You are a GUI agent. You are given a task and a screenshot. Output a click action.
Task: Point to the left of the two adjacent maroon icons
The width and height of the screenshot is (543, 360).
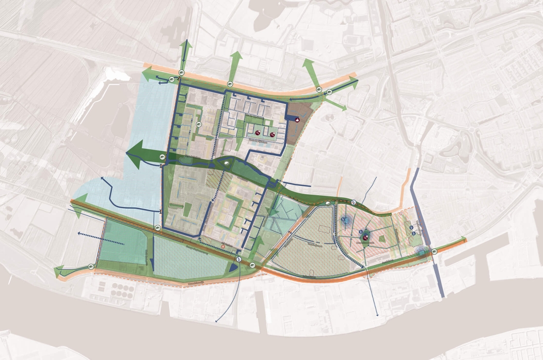pyautogui.click(x=258, y=134)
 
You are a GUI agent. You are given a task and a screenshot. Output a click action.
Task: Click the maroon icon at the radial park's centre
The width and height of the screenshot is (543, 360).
pyautogui.click(x=365, y=238)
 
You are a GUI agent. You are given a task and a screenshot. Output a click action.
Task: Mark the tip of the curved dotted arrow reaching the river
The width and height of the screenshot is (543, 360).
pyautogui.click(x=217, y=322)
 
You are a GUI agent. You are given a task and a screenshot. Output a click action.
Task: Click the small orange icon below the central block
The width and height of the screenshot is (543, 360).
pyautogui.click(x=223, y=247)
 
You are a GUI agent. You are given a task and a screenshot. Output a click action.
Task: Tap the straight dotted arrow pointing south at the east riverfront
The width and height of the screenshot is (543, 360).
pyautogui.click(x=376, y=310)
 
